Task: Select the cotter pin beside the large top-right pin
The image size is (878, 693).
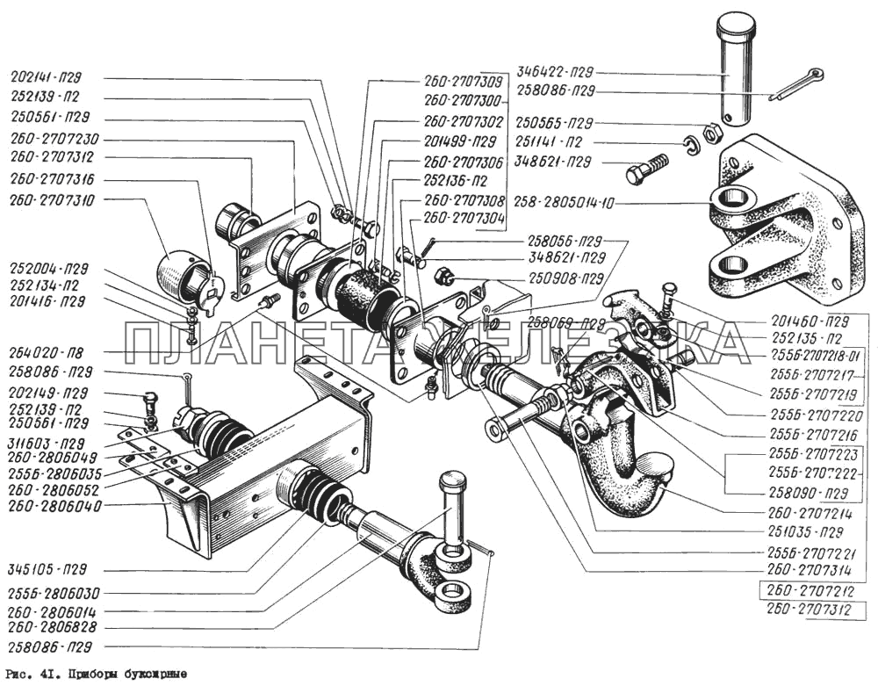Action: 795,84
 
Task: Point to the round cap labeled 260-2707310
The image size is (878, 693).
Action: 183,271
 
